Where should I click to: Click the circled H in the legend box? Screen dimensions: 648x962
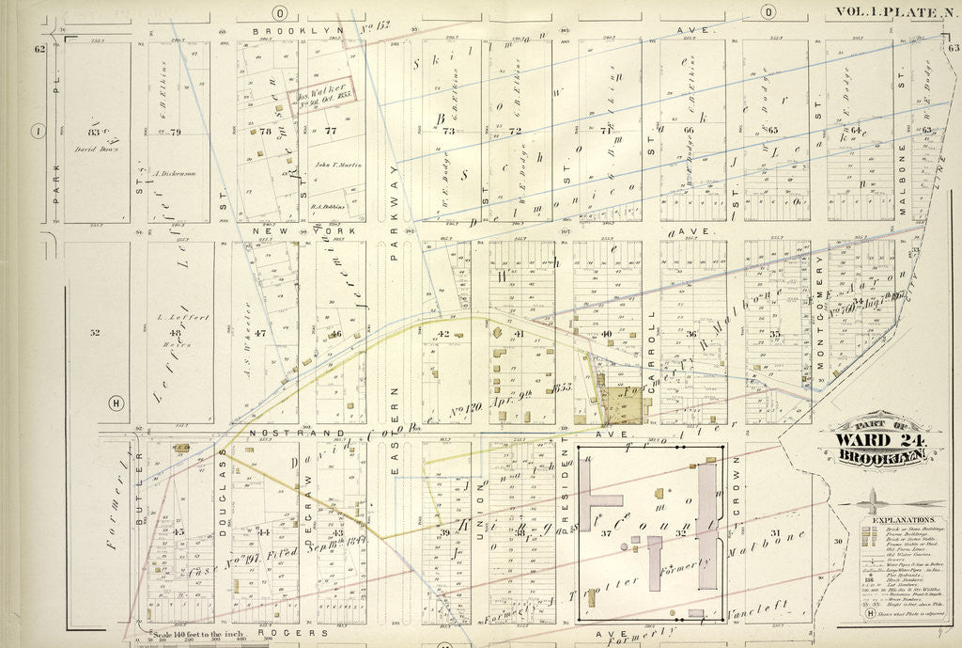pyautogui.click(x=869, y=612)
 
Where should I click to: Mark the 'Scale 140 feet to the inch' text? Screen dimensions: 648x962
pyautogui.click(x=193, y=634)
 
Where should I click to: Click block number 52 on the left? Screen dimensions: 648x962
pyautogui.click(x=95, y=332)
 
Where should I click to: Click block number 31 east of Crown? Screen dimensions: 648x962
pyautogui.click(x=774, y=533)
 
